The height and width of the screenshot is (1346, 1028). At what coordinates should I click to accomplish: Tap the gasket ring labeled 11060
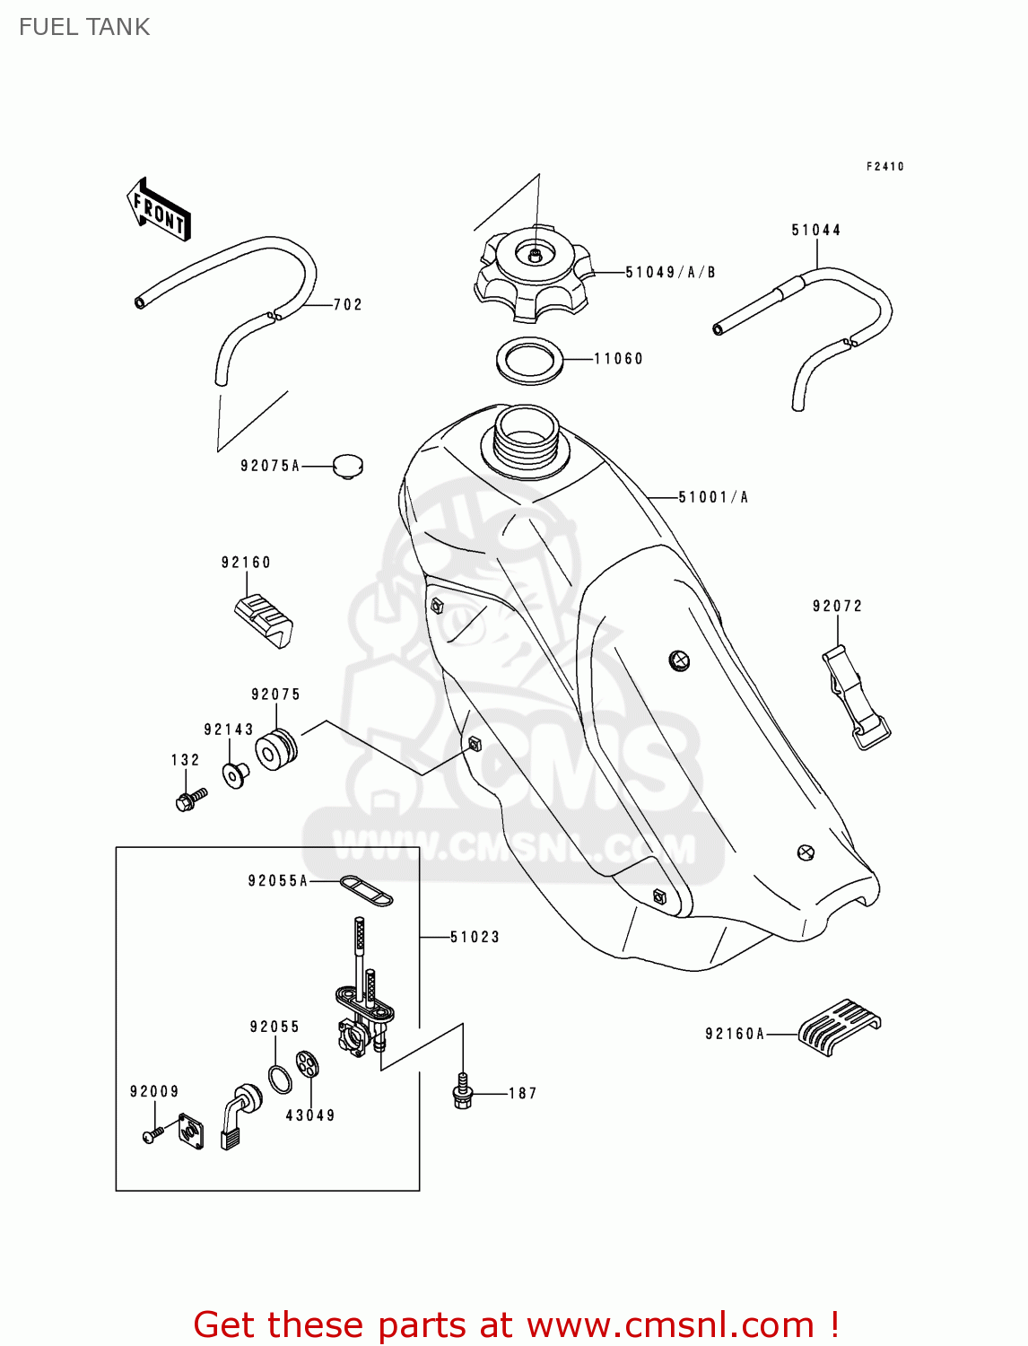pyautogui.click(x=529, y=360)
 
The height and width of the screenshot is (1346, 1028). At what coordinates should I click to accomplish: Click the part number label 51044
pyautogui.click(x=815, y=231)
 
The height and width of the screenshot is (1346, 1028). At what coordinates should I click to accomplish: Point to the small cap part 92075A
pyautogui.click(x=347, y=466)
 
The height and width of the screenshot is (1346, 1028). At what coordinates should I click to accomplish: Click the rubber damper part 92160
pyautogui.click(x=264, y=618)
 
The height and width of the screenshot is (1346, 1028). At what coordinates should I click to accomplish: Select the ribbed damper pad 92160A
pyautogui.click(x=839, y=1026)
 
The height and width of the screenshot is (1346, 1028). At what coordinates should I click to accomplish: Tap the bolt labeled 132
pyautogui.click(x=190, y=799)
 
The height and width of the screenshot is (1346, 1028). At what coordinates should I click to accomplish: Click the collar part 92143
pyautogui.click(x=236, y=774)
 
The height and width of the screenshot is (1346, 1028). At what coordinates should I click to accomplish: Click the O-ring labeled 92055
pyautogui.click(x=280, y=1078)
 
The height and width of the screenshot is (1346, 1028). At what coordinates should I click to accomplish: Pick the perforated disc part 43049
pyautogui.click(x=308, y=1064)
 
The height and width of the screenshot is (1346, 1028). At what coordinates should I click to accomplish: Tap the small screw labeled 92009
pyautogui.click(x=152, y=1135)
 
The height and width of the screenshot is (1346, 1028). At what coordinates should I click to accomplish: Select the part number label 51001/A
pyautogui.click(x=713, y=497)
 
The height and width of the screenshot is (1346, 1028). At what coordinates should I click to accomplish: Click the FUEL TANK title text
pyautogui.click(x=84, y=27)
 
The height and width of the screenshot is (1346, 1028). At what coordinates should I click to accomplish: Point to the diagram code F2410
pyautogui.click(x=884, y=167)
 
